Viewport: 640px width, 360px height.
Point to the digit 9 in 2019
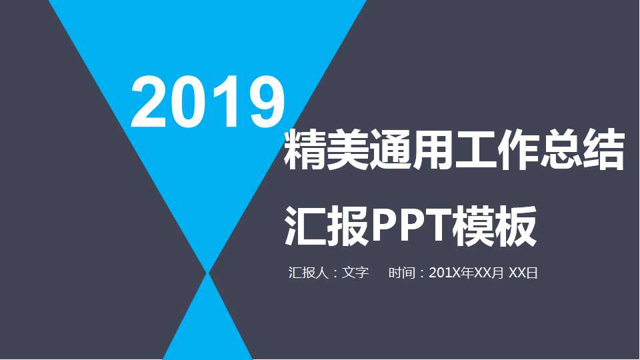(x=262, y=101)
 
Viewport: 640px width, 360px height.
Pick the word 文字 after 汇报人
(x=355, y=273)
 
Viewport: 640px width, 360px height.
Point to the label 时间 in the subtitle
(x=402, y=273)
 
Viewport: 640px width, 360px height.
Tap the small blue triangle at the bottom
(x=208, y=327)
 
